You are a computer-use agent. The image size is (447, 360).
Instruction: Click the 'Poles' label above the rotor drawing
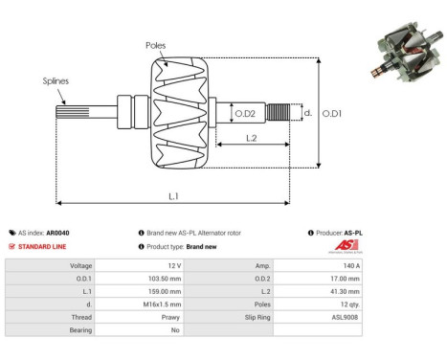tap(155, 45)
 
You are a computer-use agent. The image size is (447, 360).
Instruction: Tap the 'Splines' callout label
tap(56, 82)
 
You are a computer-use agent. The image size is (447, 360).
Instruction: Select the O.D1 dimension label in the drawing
tap(331, 113)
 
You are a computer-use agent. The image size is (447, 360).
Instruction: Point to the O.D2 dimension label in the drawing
tap(245, 114)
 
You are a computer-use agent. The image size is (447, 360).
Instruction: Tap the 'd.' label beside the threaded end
tap(306, 112)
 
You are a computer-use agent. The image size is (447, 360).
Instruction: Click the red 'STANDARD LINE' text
tap(44, 246)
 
